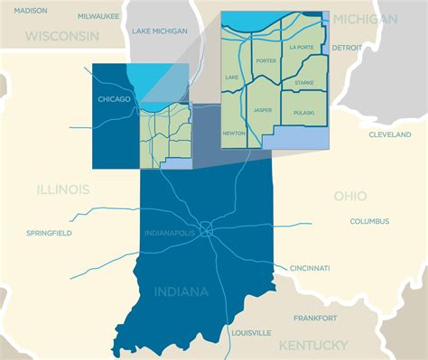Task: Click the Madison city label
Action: [31, 10]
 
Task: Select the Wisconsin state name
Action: [62, 36]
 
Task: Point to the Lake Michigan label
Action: [160, 31]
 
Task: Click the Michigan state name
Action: [364, 19]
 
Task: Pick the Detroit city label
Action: [347, 46]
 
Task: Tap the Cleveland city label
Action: [389, 134]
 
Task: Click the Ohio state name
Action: [350, 195]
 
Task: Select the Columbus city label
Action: [369, 221]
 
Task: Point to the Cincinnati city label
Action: [310, 268]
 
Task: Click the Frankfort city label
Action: [315, 318]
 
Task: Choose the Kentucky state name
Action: [313, 346]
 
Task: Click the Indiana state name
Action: [181, 291]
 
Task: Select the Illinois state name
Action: [62, 189]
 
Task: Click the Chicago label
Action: [115, 99]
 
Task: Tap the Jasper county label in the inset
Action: [263, 110]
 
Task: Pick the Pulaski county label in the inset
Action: [303, 112]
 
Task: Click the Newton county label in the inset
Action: [233, 133]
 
